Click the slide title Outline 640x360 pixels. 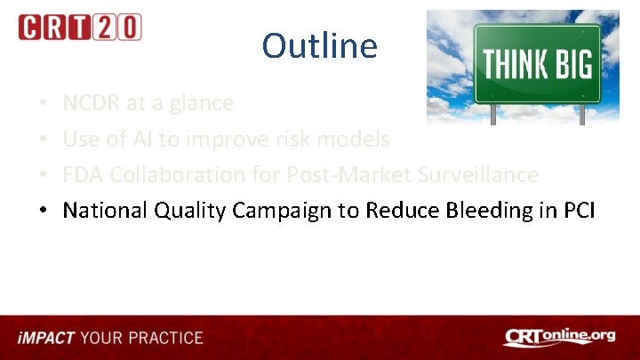(x=319, y=45)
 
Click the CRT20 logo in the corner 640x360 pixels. (x=79, y=28)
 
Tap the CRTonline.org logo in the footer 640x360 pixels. (x=559, y=337)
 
